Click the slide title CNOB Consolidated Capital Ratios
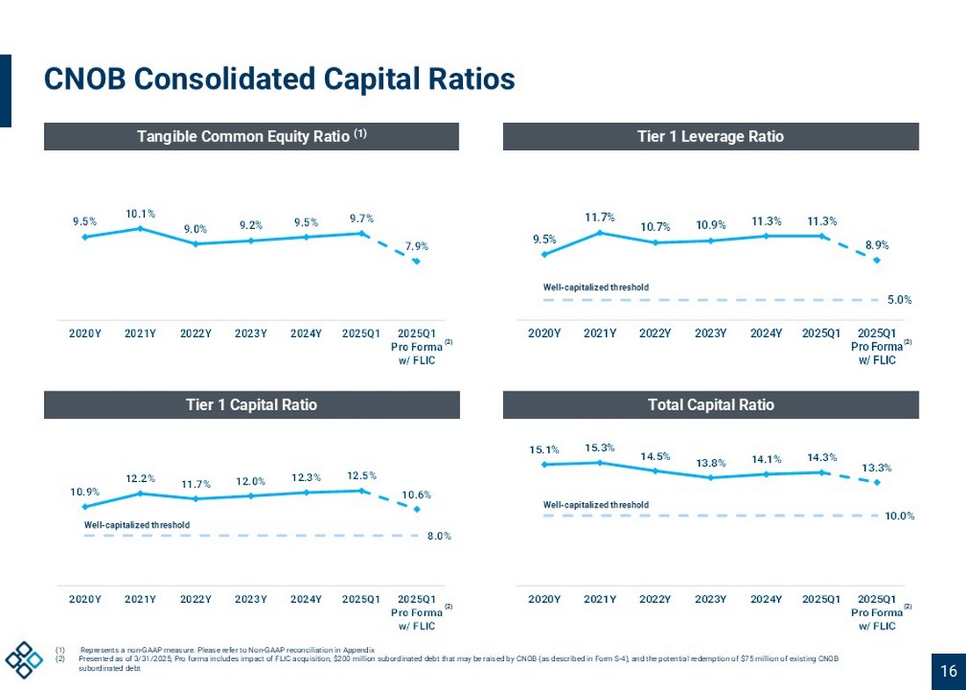279,80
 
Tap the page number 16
948,672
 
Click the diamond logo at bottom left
24,660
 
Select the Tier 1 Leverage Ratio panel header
710,136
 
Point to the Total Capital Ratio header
710,405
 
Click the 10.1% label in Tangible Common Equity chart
141,213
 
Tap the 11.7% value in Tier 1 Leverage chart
600,217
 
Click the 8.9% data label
876,247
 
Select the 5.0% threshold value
898,300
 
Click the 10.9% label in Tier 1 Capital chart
85,492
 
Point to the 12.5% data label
361,476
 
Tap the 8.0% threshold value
439,535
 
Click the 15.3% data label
600,448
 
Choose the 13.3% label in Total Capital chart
876,468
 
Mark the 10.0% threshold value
899,516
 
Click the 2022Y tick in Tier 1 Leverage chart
655,334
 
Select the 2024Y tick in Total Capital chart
766,599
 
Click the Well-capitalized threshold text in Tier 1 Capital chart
137,525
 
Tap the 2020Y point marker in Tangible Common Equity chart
85,236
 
